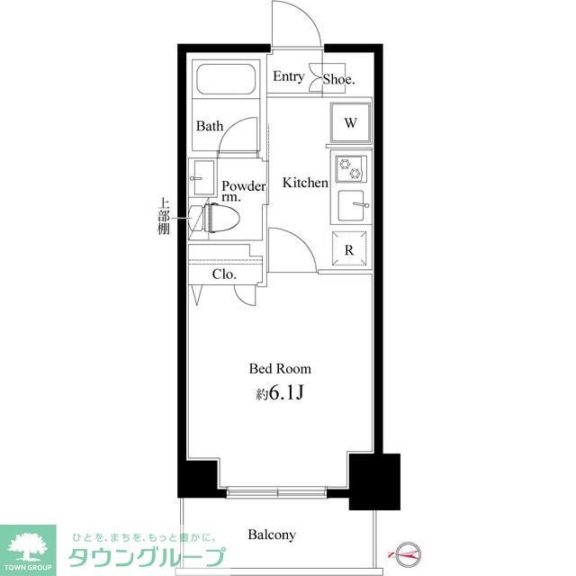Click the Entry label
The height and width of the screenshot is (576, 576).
click(x=288, y=76)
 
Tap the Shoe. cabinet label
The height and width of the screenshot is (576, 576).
click(x=339, y=78)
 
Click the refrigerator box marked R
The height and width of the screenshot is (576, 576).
click(x=349, y=249)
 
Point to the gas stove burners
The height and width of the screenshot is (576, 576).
click(x=348, y=168)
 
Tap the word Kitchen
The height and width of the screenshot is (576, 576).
click(x=305, y=183)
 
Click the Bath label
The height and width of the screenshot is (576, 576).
click(x=210, y=126)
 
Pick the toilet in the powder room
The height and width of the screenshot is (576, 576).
click(x=220, y=218)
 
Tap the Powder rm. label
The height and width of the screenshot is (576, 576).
click(x=243, y=192)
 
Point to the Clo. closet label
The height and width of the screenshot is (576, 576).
click(x=223, y=274)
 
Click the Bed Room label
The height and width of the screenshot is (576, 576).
click(x=280, y=368)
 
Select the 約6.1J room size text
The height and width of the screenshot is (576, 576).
click(x=280, y=392)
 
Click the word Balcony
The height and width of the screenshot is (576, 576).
click(x=272, y=535)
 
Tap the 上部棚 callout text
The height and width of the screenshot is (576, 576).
click(x=164, y=217)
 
